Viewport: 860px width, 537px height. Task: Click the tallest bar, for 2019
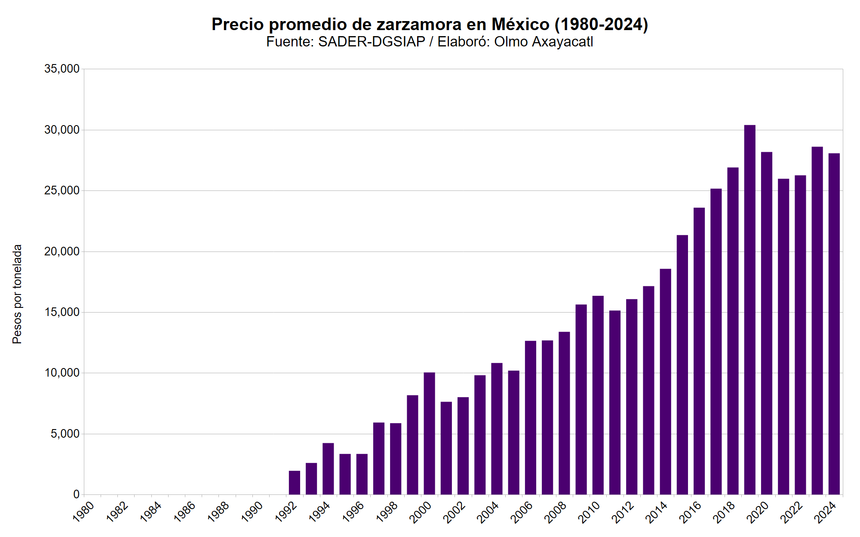749,310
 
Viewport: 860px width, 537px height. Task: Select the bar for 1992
295,482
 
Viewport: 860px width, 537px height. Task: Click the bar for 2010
598,395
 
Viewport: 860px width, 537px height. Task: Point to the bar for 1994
328,469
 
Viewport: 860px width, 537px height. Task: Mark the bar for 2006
531,417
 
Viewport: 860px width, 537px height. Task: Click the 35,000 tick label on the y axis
62,69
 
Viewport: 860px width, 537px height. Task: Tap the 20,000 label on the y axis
62,252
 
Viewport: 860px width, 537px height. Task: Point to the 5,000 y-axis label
65,434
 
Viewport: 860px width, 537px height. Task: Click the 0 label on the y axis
76,495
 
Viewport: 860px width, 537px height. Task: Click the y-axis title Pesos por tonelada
17,294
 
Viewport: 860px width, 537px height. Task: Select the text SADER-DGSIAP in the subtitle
372,42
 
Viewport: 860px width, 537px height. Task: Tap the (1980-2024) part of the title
601,25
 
